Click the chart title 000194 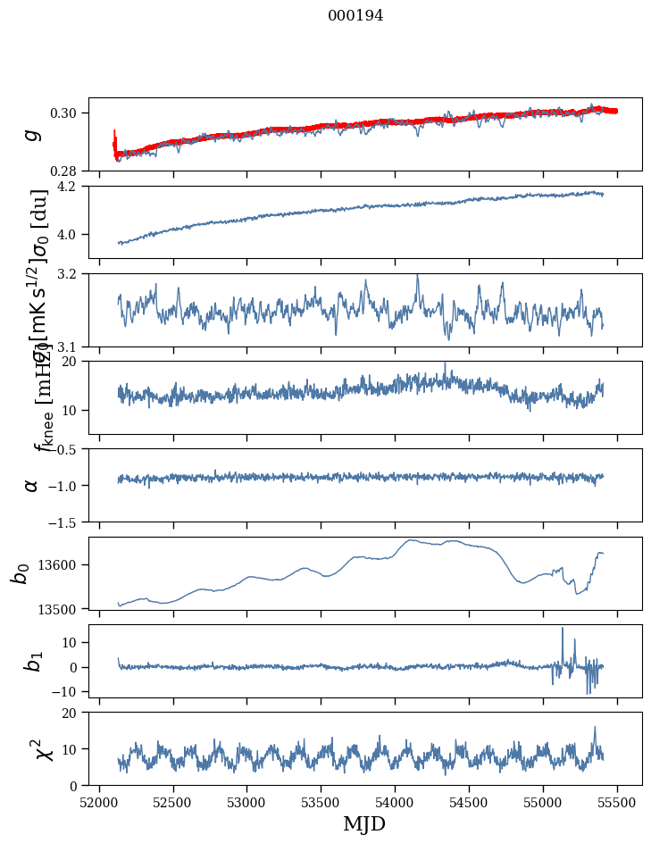(x=343, y=16)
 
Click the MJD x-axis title (x=364, y=824)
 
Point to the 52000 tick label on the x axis (x=99, y=801)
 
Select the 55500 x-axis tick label (x=618, y=801)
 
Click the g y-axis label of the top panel (x=32, y=134)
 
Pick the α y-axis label (x=32, y=485)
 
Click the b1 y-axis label (x=32, y=661)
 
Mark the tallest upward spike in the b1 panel (x=563, y=629)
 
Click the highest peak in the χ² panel (x=595, y=727)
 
